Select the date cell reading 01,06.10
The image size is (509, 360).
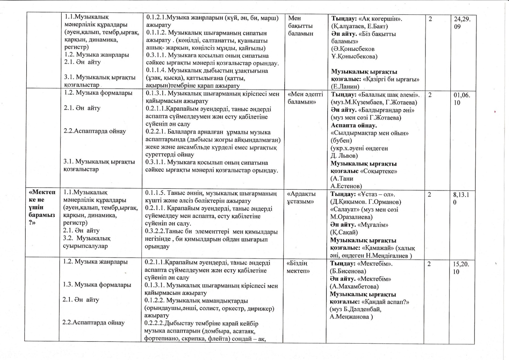462,99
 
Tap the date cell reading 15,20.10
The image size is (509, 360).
461,268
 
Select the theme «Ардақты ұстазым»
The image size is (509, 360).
301,198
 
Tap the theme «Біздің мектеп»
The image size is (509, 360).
298,267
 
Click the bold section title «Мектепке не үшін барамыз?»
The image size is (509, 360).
42,207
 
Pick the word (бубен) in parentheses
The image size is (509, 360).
341,141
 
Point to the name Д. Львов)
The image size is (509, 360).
344,156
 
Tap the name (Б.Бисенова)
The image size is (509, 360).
348,271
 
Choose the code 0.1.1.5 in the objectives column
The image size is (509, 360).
154,193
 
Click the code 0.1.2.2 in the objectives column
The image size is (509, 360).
154,301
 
